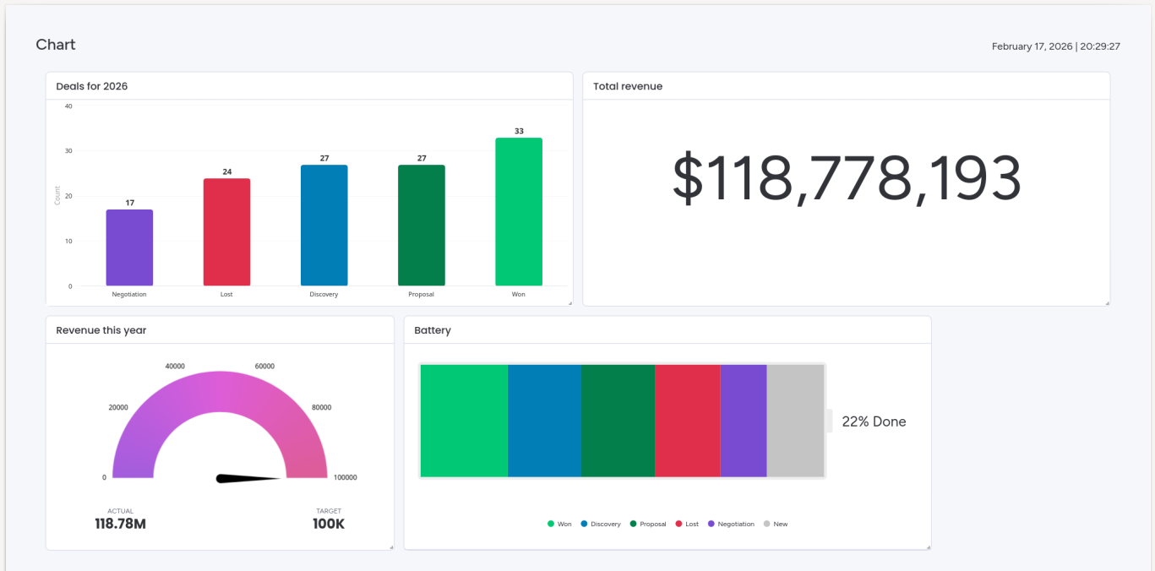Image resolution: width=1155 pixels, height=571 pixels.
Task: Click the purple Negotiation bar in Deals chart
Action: tap(129, 247)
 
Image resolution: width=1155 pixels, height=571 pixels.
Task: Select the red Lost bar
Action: tap(226, 232)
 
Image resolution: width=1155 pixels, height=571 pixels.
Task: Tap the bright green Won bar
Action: tap(519, 212)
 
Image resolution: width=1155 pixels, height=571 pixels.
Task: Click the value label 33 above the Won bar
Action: tap(519, 131)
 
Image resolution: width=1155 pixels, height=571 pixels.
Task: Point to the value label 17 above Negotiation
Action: tap(129, 203)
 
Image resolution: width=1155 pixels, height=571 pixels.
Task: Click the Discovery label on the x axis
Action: tap(324, 294)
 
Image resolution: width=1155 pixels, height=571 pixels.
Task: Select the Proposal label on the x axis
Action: tap(421, 294)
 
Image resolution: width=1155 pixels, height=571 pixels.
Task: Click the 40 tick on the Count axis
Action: tap(68, 106)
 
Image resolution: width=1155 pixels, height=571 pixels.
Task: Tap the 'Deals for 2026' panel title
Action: tap(92, 86)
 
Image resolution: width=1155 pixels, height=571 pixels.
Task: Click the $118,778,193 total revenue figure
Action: tap(847, 179)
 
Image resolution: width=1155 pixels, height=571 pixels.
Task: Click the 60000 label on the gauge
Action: tap(264, 367)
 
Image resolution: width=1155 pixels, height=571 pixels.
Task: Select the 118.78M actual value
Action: tap(120, 524)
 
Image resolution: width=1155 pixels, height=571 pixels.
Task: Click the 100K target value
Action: tap(329, 524)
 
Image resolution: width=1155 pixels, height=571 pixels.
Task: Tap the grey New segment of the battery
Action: tap(795, 421)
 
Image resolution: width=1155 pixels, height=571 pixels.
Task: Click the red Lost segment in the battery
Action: tap(687, 421)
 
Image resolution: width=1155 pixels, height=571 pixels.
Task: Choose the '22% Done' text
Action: tap(874, 421)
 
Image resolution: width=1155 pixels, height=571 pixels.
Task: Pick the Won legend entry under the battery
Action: tap(559, 525)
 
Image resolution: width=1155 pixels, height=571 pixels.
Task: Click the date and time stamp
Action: tap(1055, 46)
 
